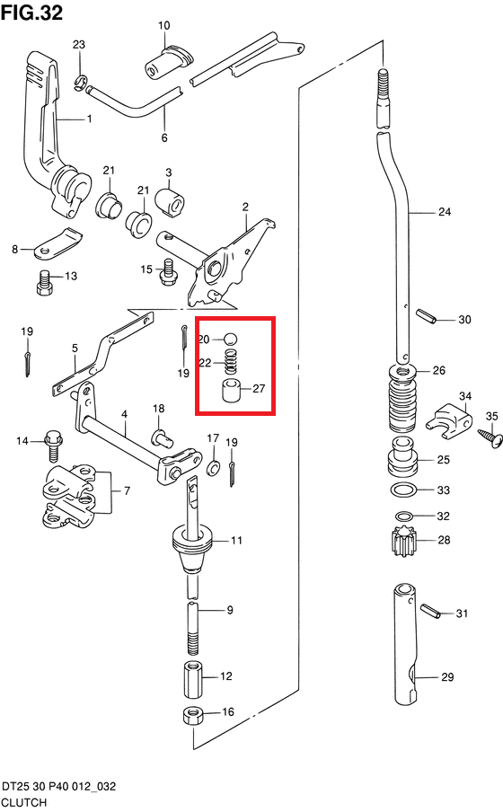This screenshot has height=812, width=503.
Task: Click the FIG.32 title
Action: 31,12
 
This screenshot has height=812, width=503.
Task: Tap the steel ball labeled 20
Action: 231,340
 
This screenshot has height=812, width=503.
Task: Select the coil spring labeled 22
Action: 231,361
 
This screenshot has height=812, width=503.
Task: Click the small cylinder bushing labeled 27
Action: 232,391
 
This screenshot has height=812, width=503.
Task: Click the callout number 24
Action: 445,212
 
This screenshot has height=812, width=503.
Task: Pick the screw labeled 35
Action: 490,437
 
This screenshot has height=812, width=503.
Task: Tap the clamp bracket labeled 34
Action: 449,419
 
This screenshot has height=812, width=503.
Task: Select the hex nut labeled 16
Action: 194,717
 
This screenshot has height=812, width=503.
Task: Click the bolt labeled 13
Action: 46,283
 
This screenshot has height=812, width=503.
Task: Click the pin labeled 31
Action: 431,611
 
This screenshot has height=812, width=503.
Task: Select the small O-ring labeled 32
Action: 403,516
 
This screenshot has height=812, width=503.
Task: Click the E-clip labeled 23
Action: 79,83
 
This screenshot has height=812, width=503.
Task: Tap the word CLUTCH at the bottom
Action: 24,803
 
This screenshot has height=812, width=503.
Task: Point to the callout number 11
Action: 236,541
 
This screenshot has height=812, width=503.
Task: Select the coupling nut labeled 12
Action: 193,679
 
